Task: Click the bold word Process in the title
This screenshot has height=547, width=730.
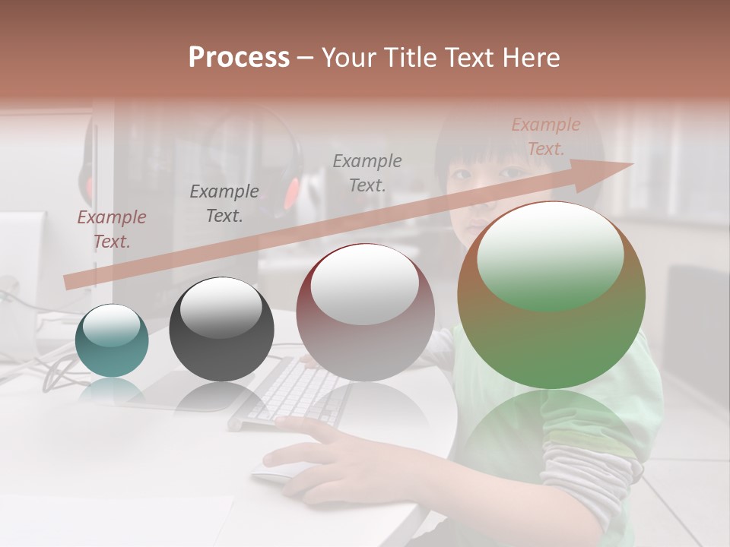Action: pyautogui.click(x=239, y=57)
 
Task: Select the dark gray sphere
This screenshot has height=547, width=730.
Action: pyautogui.click(x=221, y=330)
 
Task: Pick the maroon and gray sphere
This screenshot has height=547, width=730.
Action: pyautogui.click(x=365, y=313)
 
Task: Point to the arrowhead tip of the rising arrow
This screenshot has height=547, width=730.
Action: pyautogui.click(x=632, y=163)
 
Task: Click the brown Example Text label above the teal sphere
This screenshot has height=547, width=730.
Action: pyautogui.click(x=111, y=229)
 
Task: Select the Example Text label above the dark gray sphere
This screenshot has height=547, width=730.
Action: pyautogui.click(x=224, y=203)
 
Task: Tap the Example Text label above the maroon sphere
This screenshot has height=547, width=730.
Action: pyautogui.click(x=367, y=172)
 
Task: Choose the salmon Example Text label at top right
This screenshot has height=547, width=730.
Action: pyautogui.click(x=546, y=136)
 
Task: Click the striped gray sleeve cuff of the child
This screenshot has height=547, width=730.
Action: pyautogui.click(x=601, y=479)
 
